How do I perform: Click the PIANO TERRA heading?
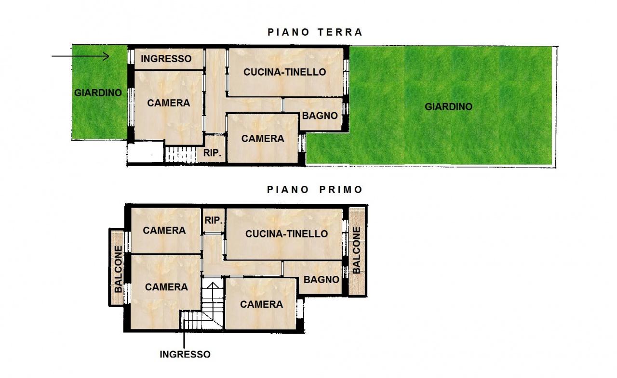(315, 32)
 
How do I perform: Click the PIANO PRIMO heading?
(315, 190)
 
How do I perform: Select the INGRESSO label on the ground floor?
(166, 59)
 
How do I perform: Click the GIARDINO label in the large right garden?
(448, 107)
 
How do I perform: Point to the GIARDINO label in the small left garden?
(98, 93)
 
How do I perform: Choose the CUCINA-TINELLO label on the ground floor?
(284, 72)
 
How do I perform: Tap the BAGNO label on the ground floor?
(320, 116)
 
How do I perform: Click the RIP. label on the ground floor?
(213, 154)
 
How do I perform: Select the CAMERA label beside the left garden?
(169, 103)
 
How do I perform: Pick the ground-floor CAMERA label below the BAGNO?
(263, 139)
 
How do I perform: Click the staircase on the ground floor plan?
(180, 155)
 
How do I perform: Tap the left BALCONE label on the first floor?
(118, 269)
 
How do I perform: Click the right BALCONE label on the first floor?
(356, 251)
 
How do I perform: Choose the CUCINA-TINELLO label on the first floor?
(286, 234)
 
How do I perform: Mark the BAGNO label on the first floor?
(322, 280)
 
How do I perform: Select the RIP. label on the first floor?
(214, 220)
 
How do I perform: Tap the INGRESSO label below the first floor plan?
(185, 354)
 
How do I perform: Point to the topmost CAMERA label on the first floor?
(164, 231)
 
